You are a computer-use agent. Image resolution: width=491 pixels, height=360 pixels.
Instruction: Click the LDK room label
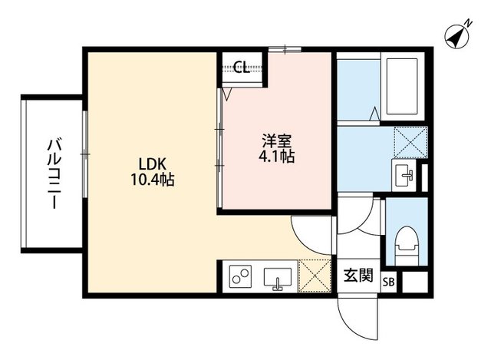coord(152,163)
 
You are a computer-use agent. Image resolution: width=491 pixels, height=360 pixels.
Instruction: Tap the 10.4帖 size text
coord(152,180)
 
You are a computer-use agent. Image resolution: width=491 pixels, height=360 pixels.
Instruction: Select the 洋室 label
coord(277,141)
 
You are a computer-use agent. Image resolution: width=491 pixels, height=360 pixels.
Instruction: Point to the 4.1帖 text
coord(276,157)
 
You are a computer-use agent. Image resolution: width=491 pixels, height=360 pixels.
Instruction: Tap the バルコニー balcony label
coord(54,174)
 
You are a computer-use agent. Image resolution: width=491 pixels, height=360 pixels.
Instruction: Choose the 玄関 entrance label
coord(358,276)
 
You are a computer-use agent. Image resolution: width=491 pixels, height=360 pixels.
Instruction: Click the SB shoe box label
coord(388,282)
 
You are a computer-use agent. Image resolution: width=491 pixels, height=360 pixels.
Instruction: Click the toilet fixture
coord(407,246)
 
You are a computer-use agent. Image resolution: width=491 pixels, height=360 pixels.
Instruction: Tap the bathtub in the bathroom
coord(402,86)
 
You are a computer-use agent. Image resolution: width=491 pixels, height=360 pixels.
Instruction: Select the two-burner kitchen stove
coord(240,276)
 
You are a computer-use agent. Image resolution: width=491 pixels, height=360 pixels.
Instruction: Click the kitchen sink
coord(278,278)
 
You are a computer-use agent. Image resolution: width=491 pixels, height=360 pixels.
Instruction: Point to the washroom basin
coord(404,175)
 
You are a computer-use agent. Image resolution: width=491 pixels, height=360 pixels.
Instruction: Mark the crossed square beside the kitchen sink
coord(315,276)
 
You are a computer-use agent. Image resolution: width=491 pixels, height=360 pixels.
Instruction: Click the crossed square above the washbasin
coord(410,142)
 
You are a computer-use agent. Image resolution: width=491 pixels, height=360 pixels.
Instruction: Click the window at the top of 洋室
coord(285,49)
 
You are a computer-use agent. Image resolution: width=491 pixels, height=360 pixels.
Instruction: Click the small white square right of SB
coord(414,282)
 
